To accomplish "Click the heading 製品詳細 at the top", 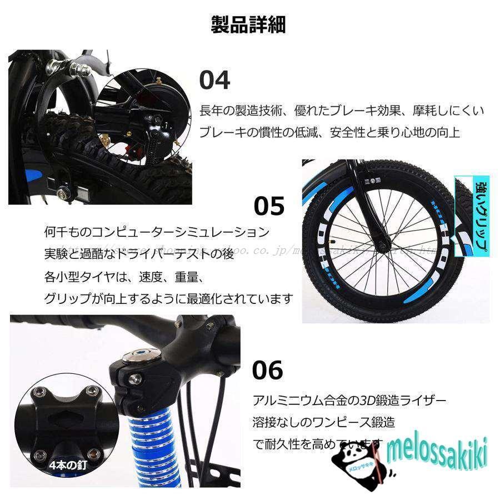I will click(x=248, y=25).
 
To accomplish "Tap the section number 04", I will click(x=214, y=81).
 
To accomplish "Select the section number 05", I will click(x=269, y=206).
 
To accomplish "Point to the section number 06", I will click(x=267, y=370).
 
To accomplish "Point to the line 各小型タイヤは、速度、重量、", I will click(x=124, y=276).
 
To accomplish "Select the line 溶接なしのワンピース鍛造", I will click(x=323, y=422).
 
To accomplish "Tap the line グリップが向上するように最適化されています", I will click(x=168, y=298).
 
